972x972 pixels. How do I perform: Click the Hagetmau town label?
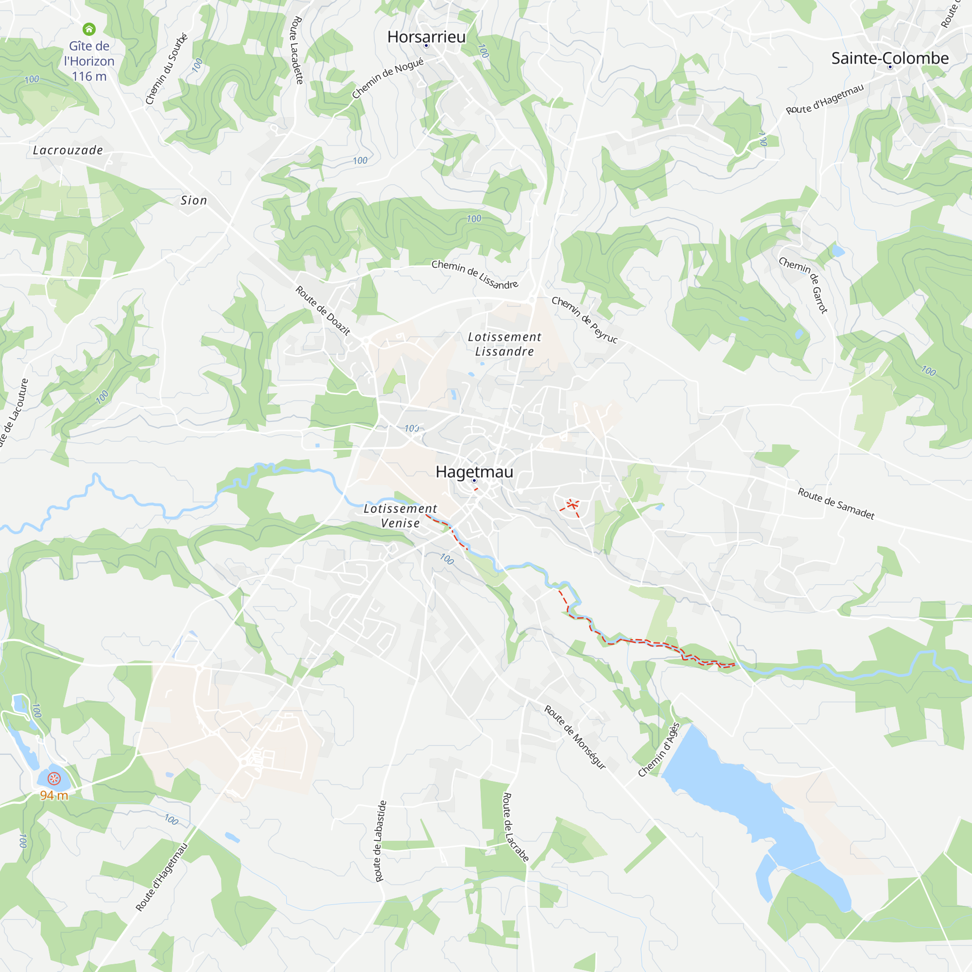click(474, 472)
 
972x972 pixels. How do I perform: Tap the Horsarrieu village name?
click(426, 37)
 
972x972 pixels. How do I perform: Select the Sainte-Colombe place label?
click(889, 58)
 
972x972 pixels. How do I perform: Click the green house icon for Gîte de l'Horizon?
click(89, 29)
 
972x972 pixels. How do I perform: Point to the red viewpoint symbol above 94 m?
click(54, 779)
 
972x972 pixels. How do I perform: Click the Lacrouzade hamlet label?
click(68, 150)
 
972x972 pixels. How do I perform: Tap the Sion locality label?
click(194, 200)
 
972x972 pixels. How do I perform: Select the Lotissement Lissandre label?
click(504, 344)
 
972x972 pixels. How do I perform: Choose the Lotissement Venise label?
click(400, 516)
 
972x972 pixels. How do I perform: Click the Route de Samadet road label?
click(835, 503)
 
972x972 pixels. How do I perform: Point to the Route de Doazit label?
click(323, 311)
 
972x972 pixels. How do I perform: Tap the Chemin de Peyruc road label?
click(584, 319)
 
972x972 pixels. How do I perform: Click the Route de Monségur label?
click(575, 737)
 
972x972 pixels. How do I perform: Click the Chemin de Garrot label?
click(803, 285)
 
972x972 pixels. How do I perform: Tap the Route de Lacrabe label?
click(515, 827)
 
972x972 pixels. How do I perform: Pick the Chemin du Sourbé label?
click(167, 69)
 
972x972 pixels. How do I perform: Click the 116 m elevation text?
click(89, 76)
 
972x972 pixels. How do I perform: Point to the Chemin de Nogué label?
click(387, 78)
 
